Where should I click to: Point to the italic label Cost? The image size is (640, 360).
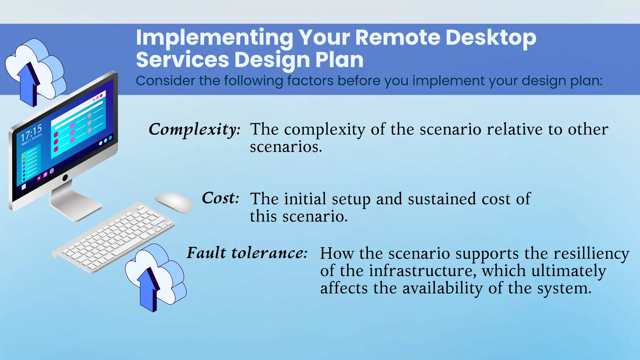(x=221, y=198)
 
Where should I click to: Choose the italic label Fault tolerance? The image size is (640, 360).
(x=247, y=253)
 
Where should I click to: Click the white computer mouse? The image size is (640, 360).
(x=174, y=202)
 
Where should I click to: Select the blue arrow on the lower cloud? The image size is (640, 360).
(x=149, y=289)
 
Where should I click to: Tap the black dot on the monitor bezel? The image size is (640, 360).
(x=65, y=178)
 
